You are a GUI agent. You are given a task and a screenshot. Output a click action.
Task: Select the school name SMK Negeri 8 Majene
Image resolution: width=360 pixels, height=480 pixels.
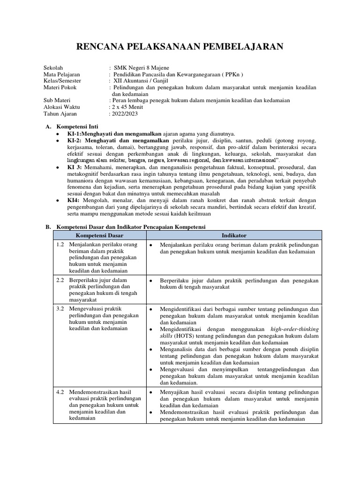coord(142,67)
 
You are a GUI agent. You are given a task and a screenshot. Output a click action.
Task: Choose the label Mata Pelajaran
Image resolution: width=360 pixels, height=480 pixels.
coord(61,74)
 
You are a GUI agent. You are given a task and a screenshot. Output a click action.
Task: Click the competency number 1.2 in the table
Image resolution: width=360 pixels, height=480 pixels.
coord(60,245)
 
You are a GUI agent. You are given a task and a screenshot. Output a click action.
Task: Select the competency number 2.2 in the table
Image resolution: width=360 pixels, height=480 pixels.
coord(60,280)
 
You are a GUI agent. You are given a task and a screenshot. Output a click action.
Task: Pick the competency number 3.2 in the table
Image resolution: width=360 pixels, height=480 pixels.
coord(60,309)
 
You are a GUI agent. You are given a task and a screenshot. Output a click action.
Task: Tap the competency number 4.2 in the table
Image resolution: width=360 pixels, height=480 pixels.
coord(60,392)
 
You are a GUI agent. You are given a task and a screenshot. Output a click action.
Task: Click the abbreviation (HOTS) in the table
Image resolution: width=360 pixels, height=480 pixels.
coord(182,336)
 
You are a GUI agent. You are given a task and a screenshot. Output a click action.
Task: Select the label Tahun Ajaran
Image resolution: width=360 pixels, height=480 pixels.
coord(60,113)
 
